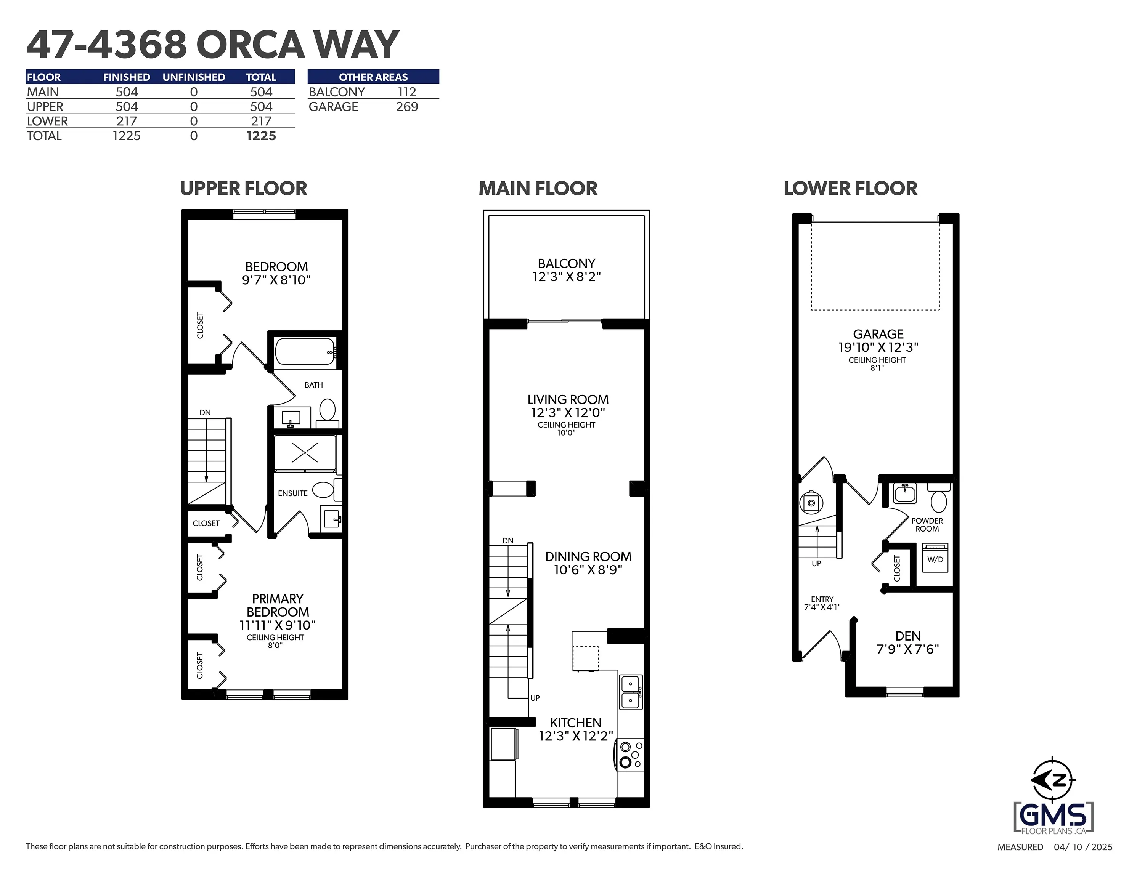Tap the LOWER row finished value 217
point(127,121)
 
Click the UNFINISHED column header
point(194,77)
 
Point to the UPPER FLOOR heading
point(244,188)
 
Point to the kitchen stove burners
point(630,754)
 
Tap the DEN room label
point(908,636)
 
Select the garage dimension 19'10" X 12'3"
point(878,347)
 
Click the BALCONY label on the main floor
point(567,264)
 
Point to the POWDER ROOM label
point(927,525)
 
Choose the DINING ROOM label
point(588,557)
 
